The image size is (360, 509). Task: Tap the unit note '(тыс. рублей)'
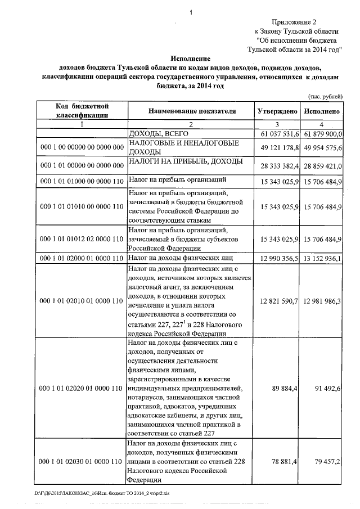tap(328, 97)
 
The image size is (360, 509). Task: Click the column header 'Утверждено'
tap(277, 111)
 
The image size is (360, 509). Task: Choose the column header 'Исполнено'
tap(322, 111)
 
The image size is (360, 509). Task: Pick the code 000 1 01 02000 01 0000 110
tap(82, 258)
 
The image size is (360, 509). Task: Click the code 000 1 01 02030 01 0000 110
tap(82, 461)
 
